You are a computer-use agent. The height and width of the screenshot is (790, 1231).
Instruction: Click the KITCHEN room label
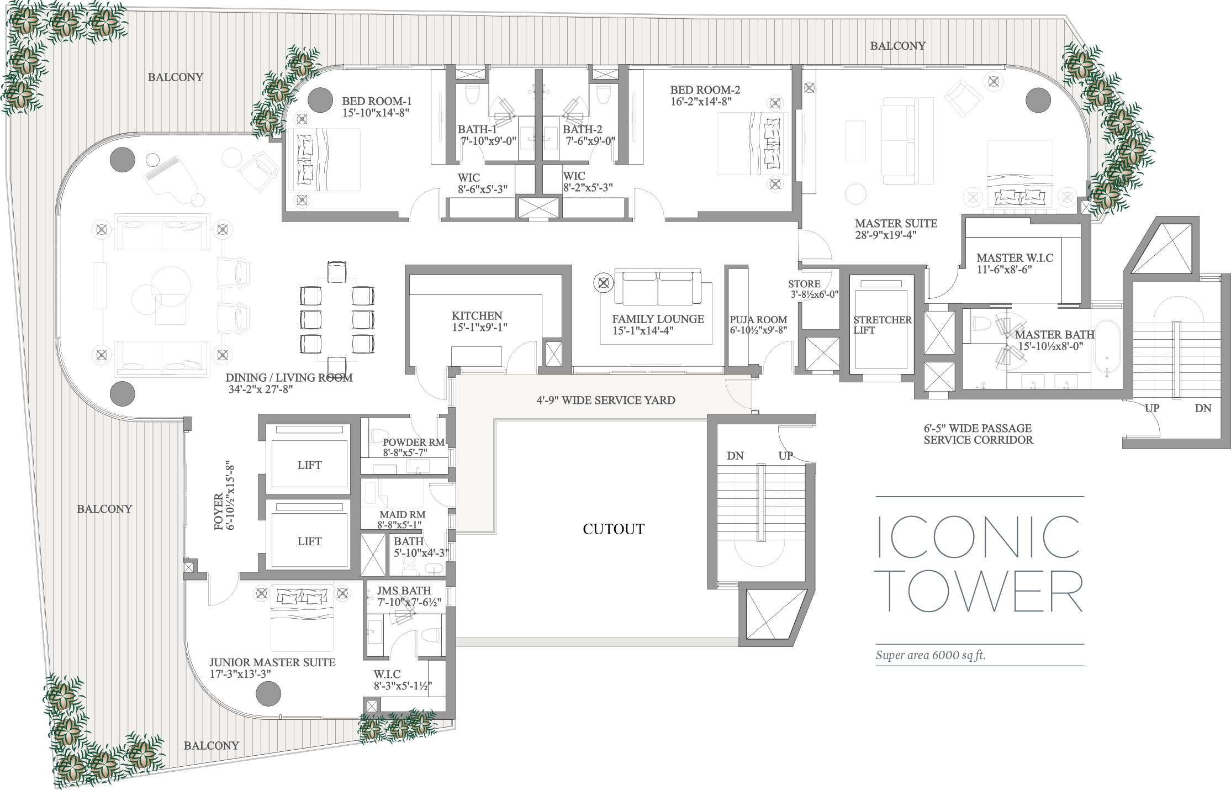click(x=477, y=315)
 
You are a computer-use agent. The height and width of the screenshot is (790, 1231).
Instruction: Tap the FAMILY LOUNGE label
click(x=658, y=319)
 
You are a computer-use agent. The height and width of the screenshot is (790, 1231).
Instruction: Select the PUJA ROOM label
click(x=758, y=320)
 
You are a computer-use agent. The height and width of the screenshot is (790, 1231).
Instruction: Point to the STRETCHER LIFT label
click(x=883, y=325)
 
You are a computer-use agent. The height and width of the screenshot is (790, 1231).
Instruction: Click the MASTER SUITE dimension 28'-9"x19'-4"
click(x=886, y=235)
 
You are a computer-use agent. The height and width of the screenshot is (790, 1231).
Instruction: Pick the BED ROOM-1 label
click(x=377, y=101)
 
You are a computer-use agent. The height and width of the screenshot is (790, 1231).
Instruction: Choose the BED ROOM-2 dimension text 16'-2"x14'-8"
click(x=701, y=102)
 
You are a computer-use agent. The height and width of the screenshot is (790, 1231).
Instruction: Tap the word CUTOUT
click(x=614, y=529)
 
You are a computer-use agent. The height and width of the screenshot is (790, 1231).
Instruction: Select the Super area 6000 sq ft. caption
click(x=931, y=656)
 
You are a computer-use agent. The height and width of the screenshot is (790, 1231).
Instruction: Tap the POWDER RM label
click(x=414, y=443)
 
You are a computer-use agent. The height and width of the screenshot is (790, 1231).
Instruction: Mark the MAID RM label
click(x=402, y=514)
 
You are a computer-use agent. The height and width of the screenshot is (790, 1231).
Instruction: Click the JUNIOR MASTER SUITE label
click(x=272, y=662)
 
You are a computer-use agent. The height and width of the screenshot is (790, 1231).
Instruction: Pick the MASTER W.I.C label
click(x=1015, y=257)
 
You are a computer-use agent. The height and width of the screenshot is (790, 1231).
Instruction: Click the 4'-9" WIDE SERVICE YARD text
click(x=606, y=400)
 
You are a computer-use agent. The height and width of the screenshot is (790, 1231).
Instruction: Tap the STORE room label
click(x=804, y=284)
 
